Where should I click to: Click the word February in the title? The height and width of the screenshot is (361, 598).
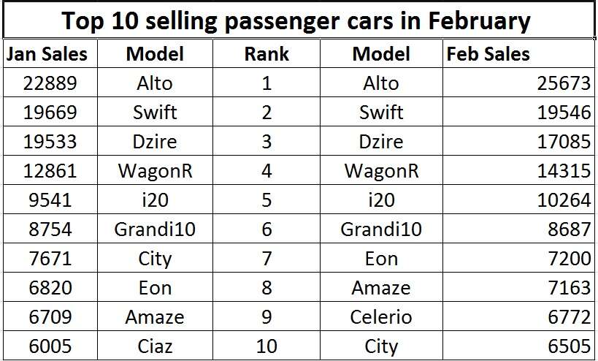(x=479, y=21)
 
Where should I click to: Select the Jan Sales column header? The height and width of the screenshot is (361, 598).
(x=47, y=54)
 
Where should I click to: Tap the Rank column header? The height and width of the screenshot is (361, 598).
(x=267, y=54)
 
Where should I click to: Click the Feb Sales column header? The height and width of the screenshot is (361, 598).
(x=488, y=54)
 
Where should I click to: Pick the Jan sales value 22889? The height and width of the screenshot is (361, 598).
(x=50, y=83)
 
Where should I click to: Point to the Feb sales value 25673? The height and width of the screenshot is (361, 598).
(x=564, y=83)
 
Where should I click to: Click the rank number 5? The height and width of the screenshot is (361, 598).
(x=267, y=200)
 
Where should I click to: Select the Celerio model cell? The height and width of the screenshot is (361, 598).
(x=381, y=316)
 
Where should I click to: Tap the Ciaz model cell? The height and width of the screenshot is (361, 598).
(x=155, y=346)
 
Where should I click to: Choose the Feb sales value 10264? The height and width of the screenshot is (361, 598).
(x=564, y=200)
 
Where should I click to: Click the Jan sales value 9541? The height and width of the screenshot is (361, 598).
(x=50, y=200)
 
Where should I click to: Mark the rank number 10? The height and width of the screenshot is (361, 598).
(x=267, y=346)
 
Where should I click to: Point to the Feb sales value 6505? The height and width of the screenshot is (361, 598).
(x=569, y=346)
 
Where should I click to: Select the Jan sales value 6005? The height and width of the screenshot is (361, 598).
(x=50, y=346)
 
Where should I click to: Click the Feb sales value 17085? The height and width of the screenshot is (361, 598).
(x=564, y=142)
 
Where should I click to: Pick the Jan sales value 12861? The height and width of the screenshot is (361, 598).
(x=50, y=170)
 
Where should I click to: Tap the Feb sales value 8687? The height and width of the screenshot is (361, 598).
(x=569, y=229)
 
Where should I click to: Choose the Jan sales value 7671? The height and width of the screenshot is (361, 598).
(x=50, y=259)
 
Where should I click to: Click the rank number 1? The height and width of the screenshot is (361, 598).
(x=267, y=83)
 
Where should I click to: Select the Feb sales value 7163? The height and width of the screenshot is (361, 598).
(x=569, y=288)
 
